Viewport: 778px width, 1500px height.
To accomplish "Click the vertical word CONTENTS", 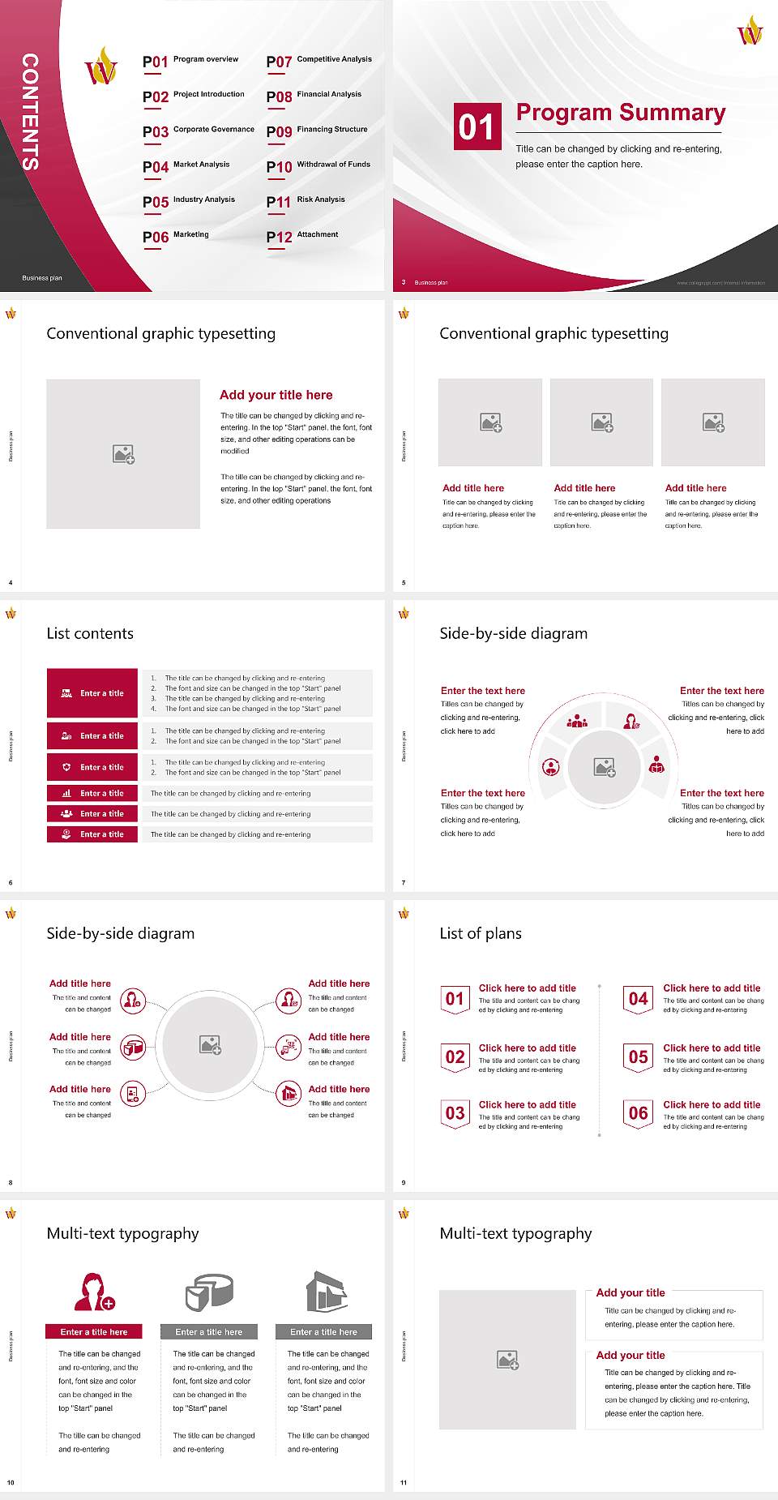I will (x=30, y=112).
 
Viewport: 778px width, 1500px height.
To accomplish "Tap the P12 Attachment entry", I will (x=302, y=236).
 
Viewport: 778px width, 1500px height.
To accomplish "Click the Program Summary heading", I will (x=620, y=113).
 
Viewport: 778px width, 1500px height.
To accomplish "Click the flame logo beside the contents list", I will (x=101, y=67).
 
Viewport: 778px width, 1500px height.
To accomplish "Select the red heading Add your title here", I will (x=276, y=395).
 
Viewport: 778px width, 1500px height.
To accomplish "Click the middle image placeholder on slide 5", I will (x=601, y=422).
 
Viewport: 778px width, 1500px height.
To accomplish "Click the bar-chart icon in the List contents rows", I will (x=66, y=793).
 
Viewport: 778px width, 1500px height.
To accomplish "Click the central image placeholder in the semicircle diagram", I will (x=605, y=766).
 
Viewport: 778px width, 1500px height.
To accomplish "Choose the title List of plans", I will (x=480, y=933).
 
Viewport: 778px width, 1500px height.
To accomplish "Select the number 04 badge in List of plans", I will (x=638, y=999).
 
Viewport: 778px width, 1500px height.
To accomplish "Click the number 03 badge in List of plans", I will (x=455, y=1113).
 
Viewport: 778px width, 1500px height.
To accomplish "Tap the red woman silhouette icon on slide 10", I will (x=92, y=1292).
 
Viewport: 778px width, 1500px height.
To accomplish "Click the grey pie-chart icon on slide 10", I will (x=209, y=1292).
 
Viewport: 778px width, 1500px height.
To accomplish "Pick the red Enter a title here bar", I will (x=93, y=1331).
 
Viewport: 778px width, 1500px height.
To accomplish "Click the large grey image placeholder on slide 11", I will (x=507, y=1360).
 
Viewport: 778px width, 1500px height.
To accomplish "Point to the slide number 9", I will (x=404, y=1183).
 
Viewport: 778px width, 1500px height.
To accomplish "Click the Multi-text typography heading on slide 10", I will (x=122, y=1233).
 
